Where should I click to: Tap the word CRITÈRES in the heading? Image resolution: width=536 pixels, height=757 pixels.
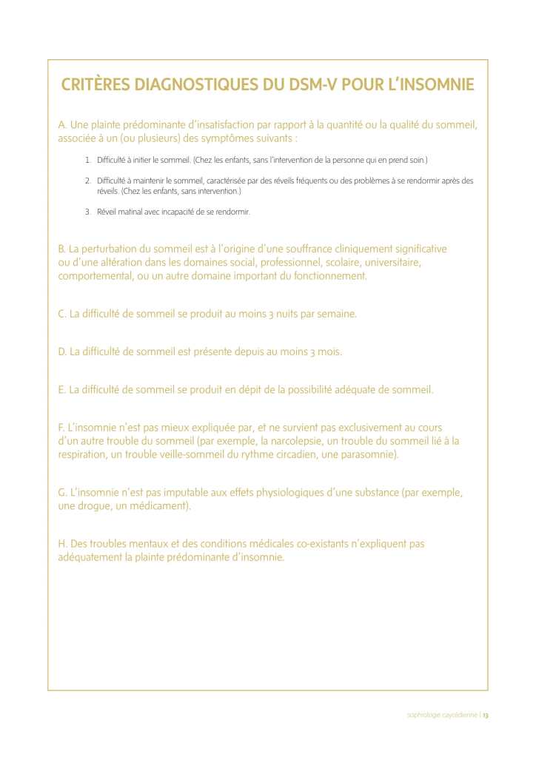tap(95, 84)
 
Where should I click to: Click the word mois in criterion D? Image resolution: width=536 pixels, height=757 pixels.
tap(329, 352)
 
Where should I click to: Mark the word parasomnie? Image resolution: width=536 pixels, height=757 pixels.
tap(368, 454)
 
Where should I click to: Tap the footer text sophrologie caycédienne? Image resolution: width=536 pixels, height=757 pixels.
tap(442, 715)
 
